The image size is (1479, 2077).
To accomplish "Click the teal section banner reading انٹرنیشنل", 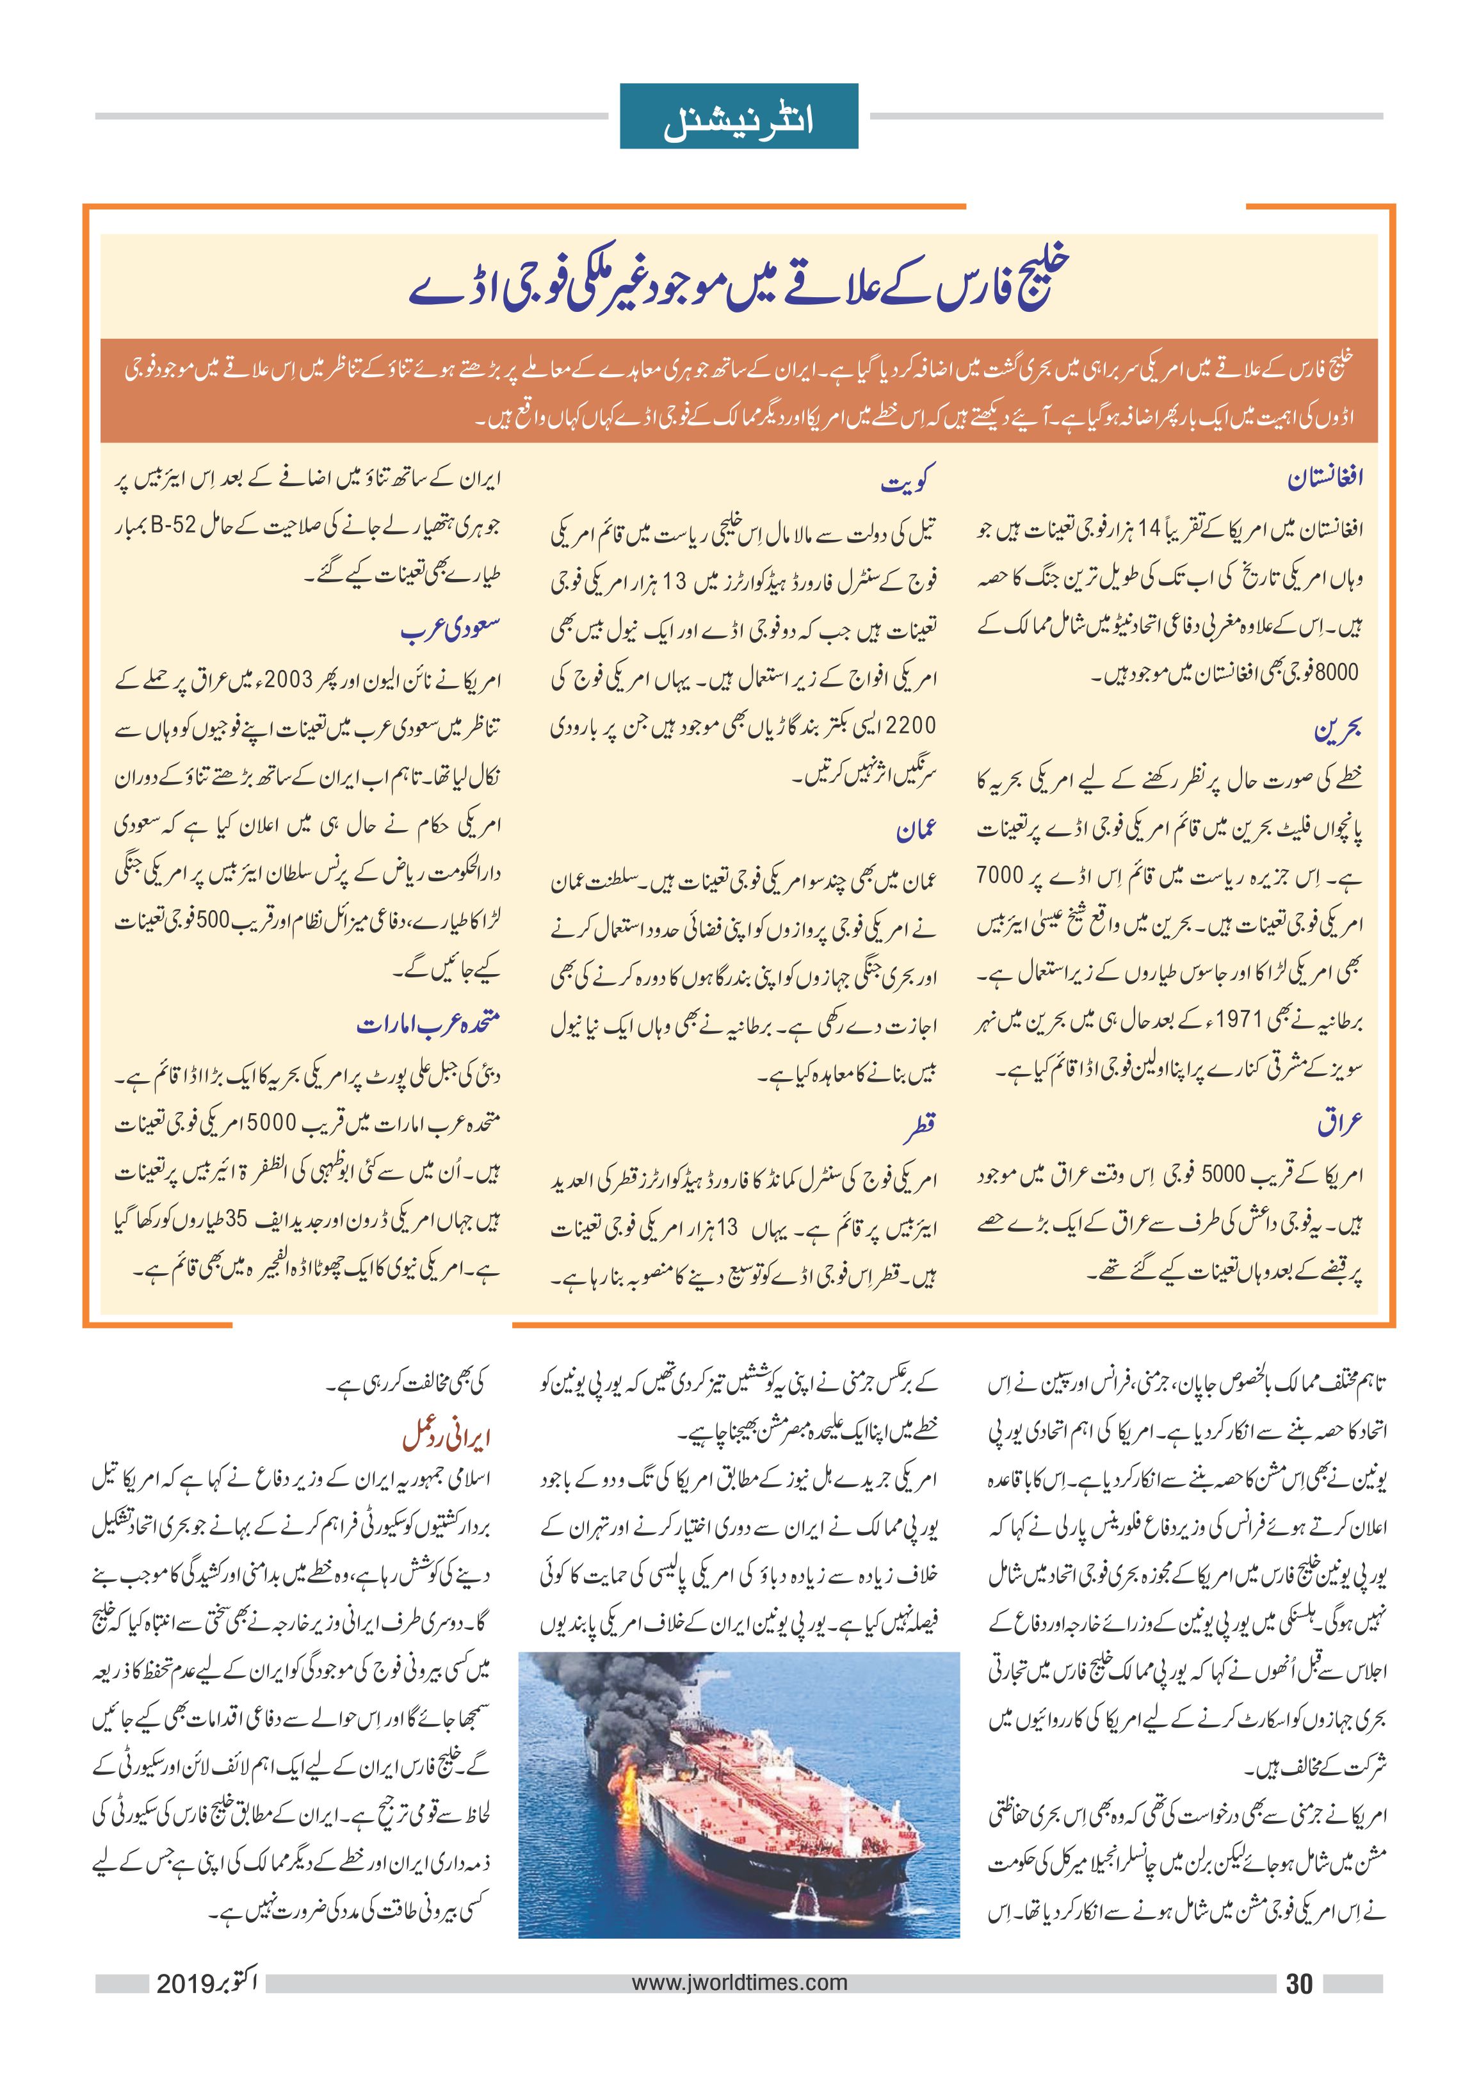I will (739, 116).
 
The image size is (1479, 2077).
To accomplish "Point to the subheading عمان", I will (916, 831).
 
